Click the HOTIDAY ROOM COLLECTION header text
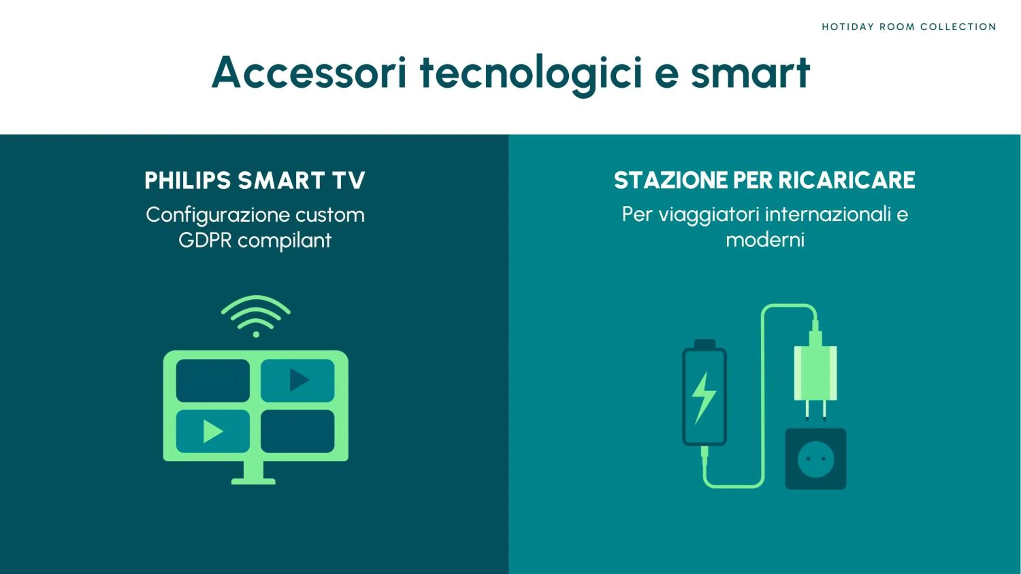pos(909,27)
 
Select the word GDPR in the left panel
pos(205,240)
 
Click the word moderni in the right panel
pos(765,240)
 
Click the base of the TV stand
pos(253,481)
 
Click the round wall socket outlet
pos(816,459)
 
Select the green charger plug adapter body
pos(815,373)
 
